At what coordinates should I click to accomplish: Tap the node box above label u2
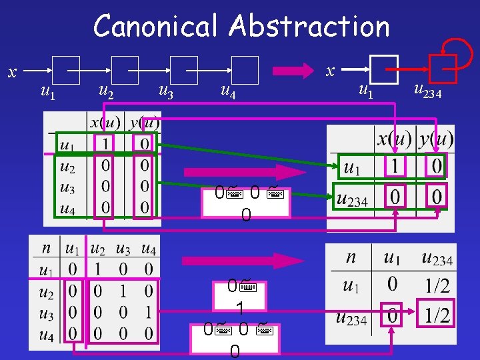coord(125,69)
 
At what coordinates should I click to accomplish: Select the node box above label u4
coord(245,69)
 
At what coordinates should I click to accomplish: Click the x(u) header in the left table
coord(105,123)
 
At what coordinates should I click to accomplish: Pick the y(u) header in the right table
coord(436,139)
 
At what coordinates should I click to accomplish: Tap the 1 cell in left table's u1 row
coord(105,143)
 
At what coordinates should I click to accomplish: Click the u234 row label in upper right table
coord(352,197)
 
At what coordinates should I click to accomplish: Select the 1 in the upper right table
coord(395,167)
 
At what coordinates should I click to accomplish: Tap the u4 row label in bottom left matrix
coord(45,333)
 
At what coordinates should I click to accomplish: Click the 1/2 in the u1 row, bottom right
coord(437,285)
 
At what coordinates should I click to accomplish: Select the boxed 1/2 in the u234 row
coord(437,315)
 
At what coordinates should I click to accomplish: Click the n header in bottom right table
coord(351,257)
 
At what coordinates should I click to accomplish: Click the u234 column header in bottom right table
coord(437,258)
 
